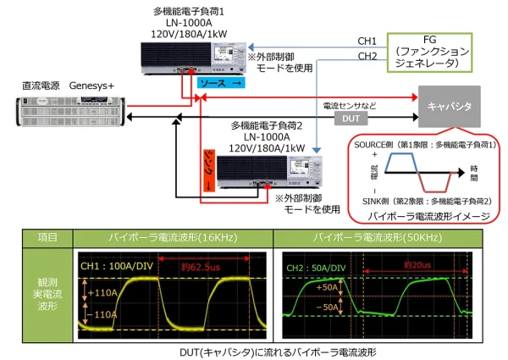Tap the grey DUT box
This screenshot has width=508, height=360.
(351, 119)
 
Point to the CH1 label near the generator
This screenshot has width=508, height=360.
(367, 41)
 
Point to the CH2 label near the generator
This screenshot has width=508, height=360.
(367, 57)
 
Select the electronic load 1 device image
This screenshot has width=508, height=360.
(194, 56)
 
